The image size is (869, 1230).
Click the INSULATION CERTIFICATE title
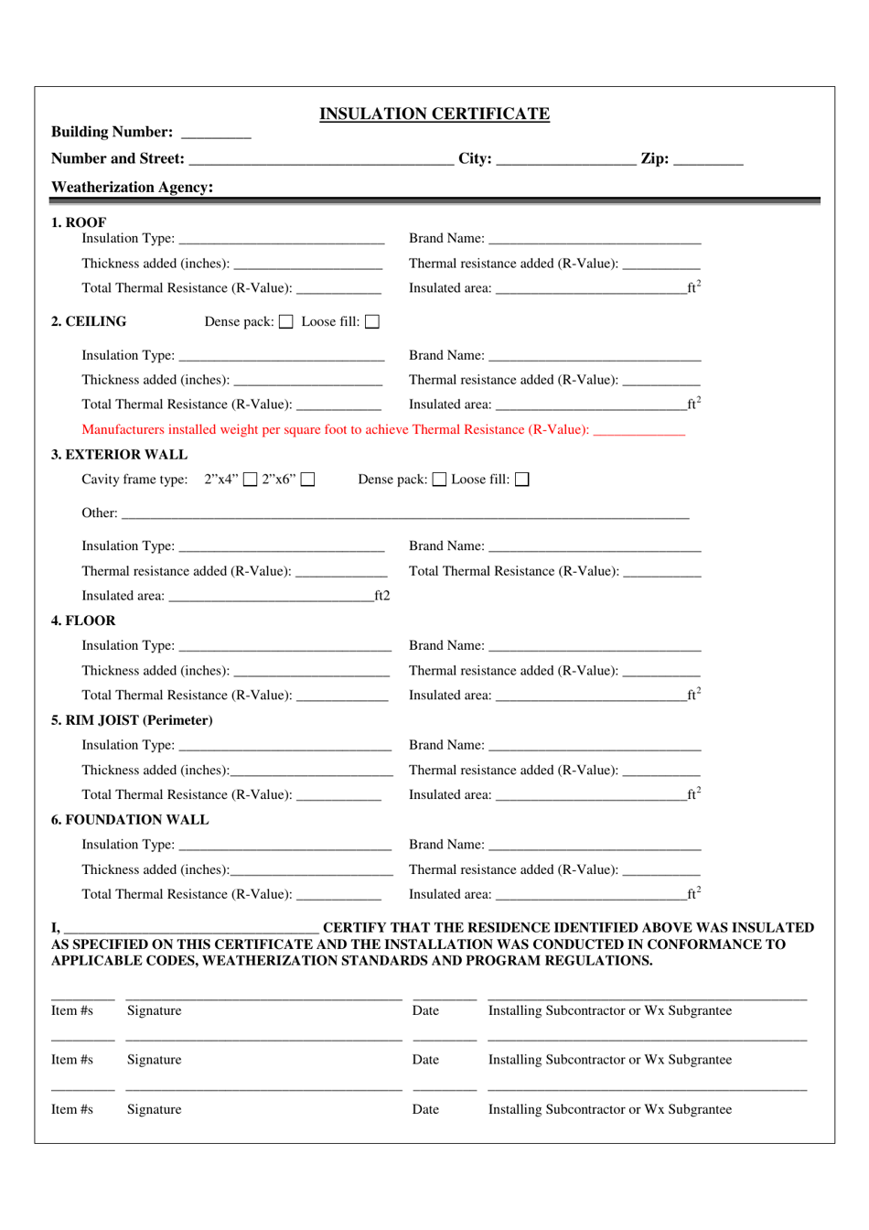click(x=434, y=113)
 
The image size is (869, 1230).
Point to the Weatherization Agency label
click(x=132, y=187)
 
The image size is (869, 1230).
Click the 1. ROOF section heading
click(x=79, y=222)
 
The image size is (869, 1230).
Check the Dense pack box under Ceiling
click(x=286, y=322)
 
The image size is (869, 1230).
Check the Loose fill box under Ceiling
click(x=372, y=322)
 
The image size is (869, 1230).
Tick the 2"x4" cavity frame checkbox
click(x=250, y=480)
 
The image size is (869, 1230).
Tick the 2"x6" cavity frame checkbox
click(x=308, y=480)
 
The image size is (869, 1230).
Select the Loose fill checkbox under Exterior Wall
click(x=522, y=480)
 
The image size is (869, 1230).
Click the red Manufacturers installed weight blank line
click(x=638, y=432)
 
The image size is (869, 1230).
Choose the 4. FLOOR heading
click(x=83, y=620)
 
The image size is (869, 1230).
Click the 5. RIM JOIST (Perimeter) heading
click(x=132, y=720)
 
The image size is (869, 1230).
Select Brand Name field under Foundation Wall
click(x=595, y=847)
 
